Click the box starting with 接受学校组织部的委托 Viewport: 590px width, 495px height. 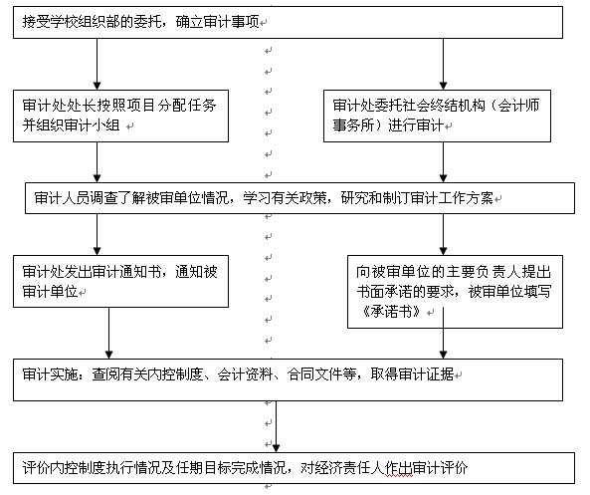point(288,22)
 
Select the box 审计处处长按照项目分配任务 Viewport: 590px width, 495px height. point(120,116)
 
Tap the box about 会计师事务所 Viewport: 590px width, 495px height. point(437,116)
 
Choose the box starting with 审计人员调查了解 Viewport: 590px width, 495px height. point(299,198)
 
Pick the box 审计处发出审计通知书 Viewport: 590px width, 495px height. point(120,282)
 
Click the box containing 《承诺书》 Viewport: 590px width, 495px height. point(455,292)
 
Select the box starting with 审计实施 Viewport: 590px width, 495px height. point(288,379)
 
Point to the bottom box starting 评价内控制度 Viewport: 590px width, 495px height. point(294,468)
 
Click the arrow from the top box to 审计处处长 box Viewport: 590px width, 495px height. point(98,64)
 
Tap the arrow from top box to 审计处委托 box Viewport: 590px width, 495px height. point(444,64)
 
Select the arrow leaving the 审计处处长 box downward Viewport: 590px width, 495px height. point(98,162)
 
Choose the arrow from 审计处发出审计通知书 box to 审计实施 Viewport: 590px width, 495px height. point(109,333)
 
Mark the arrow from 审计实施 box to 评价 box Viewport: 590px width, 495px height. point(276,426)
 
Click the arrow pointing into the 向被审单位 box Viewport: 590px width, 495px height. point(444,235)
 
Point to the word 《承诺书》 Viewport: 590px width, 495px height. point(391,312)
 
